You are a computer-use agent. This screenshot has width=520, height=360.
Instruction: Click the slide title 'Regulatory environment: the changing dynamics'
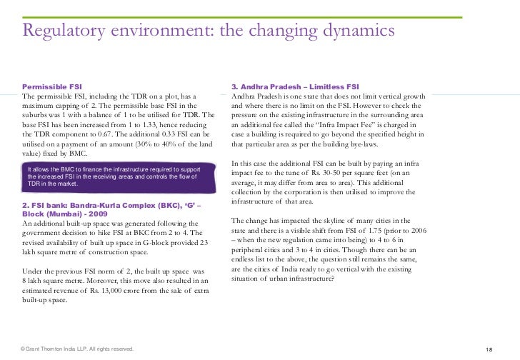[x=208, y=31]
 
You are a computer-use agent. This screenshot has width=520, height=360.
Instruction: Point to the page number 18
[x=489, y=349]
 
